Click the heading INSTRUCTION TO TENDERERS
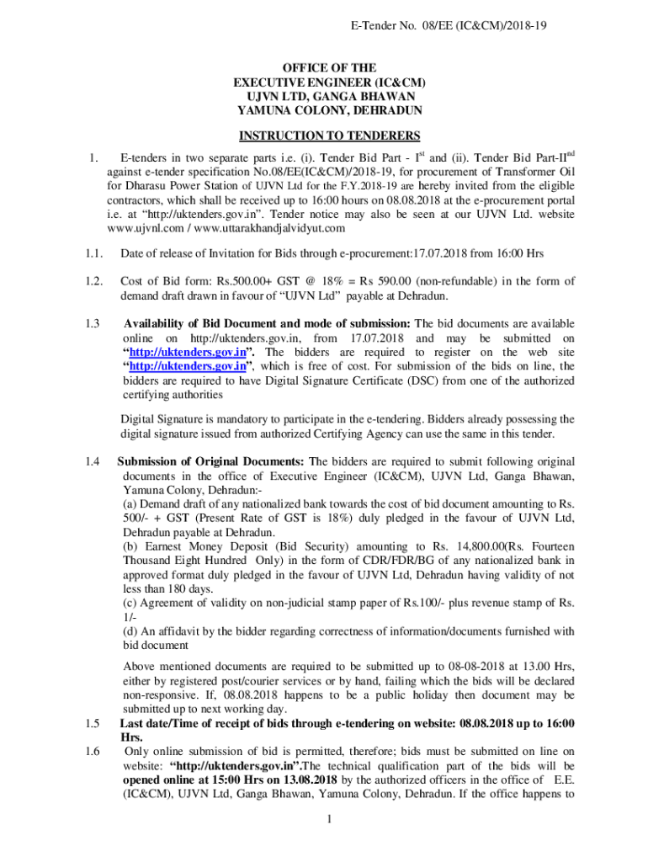pos(329,136)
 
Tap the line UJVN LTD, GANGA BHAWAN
pos(329,96)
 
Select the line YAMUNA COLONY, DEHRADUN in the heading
pos(329,110)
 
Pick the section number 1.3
pos(93,323)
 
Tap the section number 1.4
pos(93,461)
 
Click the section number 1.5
pos(93,723)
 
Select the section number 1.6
pos(93,751)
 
